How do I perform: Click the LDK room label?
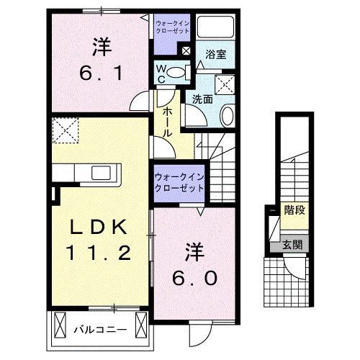100,228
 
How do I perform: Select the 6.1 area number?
101,72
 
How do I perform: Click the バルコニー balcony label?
101,330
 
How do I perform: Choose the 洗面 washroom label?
202,100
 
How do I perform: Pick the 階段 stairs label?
293,211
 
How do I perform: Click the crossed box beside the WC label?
185,50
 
